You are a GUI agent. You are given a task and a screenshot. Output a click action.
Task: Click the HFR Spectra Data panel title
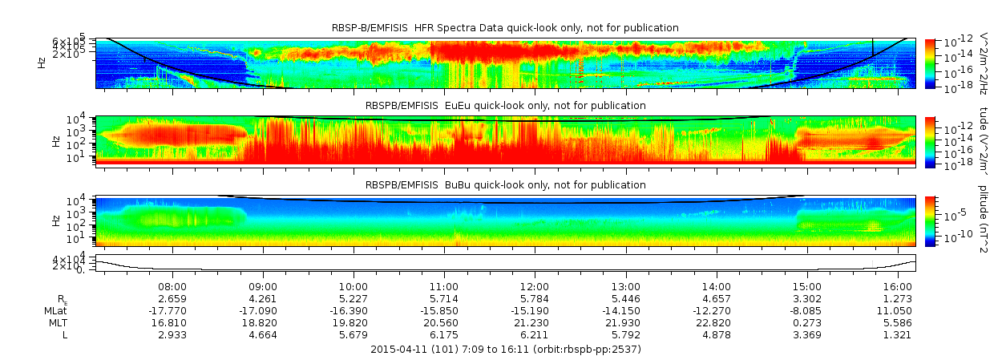[x=505, y=28]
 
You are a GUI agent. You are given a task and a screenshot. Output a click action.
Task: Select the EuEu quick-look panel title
[x=505, y=105]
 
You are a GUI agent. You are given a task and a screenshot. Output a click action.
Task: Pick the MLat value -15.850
[x=444, y=310]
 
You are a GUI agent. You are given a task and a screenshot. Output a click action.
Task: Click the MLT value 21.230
[x=535, y=322]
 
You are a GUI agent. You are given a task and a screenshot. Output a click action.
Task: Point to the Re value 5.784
[x=535, y=298]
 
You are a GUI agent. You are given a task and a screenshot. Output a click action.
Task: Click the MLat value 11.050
[x=897, y=310]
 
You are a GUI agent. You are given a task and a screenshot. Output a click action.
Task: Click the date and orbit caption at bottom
[x=505, y=350]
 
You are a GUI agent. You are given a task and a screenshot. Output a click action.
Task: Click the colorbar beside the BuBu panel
[x=930, y=220]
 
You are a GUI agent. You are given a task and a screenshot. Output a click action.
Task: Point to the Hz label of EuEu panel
[x=55, y=141]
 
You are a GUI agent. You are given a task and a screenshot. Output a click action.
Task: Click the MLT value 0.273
[x=806, y=322]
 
